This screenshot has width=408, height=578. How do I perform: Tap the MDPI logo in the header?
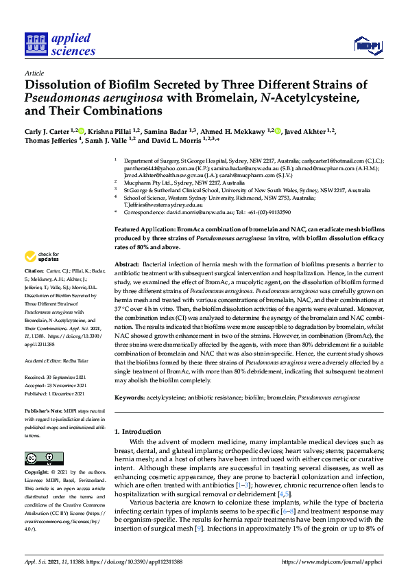pos(367,46)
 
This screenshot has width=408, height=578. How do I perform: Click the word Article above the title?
pos(34,73)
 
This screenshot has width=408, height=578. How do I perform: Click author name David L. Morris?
pos(174,141)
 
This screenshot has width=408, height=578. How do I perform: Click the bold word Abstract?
pos(128,264)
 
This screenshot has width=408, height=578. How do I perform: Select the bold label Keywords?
pos(130,397)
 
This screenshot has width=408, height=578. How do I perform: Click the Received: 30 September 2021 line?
pos(58,376)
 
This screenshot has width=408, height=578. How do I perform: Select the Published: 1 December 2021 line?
pos(56,394)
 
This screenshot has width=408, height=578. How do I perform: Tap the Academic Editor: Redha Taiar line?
pos(59,359)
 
